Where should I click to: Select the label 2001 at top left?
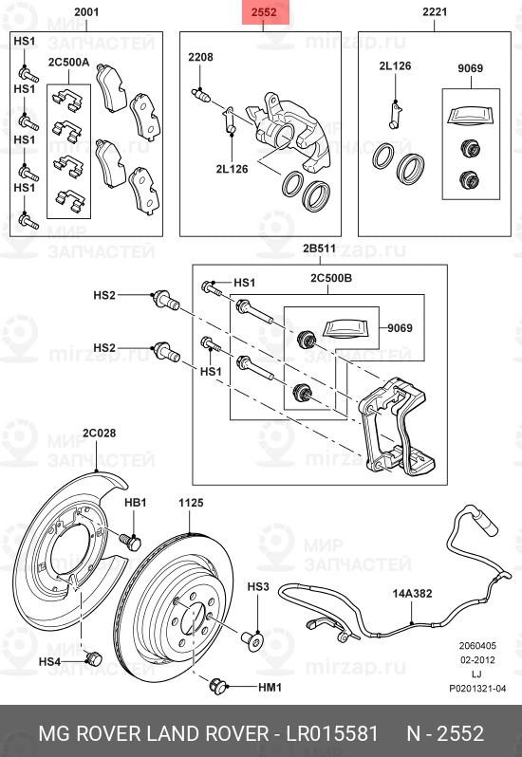click(x=85, y=12)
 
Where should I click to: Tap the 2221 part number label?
click(x=436, y=12)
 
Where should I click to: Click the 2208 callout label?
click(x=200, y=58)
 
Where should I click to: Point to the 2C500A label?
click(x=68, y=63)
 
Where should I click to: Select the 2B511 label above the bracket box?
click(x=319, y=249)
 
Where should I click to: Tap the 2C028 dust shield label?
click(x=98, y=434)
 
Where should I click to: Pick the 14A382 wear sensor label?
click(x=413, y=594)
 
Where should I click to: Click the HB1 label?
click(x=136, y=502)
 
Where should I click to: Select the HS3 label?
click(x=258, y=588)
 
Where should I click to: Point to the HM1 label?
click(x=271, y=685)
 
